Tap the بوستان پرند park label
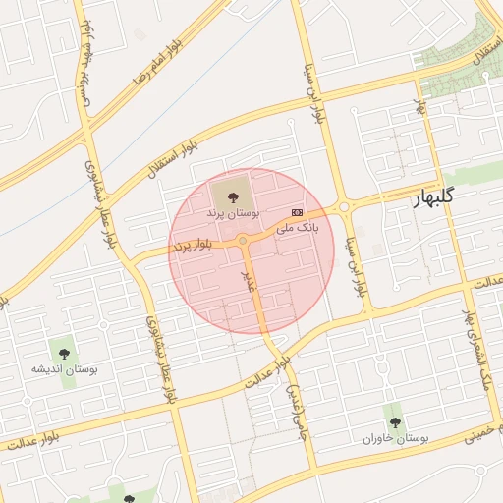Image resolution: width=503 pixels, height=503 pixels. pyautogui.click(x=233, y=213)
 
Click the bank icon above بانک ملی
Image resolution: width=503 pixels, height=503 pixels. pyautogui.click(x=297, y=212)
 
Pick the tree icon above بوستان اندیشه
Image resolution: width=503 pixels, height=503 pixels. pyautogui.click(x=64, y=351)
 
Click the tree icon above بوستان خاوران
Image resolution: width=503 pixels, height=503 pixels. pyautogui.click(x=395, y=422)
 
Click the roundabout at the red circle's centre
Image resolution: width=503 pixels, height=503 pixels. pyautogui.click(x=243, y=241)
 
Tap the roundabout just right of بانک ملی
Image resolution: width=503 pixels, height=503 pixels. pyautogui.click(x=345, y=207)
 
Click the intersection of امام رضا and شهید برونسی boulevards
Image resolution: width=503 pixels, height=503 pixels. pyautogui.click(x=90, y=124)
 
